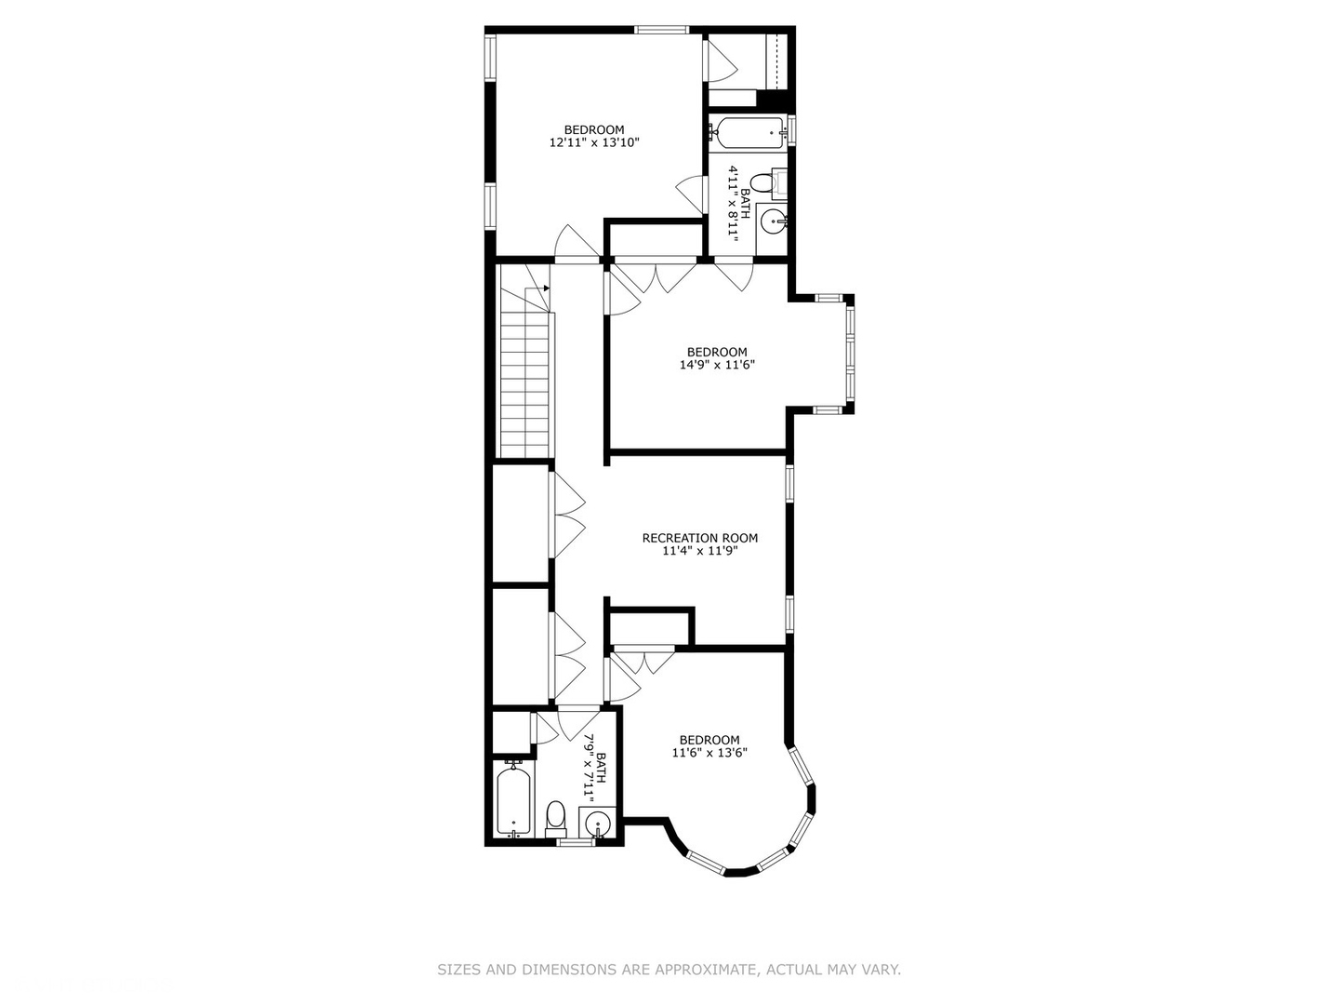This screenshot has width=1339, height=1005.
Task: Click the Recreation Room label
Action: click(699, 538)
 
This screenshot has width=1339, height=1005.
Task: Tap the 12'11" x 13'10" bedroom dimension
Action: click(595, 143)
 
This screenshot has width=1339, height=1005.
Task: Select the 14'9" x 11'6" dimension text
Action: click(716, 366)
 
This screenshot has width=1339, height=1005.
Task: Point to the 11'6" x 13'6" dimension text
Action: click(709, 754)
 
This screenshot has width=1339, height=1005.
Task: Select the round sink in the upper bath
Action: click(773, 221)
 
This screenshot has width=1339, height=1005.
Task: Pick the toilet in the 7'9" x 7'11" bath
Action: click(555, 817)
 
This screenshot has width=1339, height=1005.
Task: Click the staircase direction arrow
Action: click(546, 288)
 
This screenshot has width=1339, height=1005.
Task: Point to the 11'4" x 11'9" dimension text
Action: click(699, 551)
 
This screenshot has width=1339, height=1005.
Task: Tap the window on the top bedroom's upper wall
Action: click(662, 30)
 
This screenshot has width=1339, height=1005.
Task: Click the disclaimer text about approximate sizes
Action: click(669, 970)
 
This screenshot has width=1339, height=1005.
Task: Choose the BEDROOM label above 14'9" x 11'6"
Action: click(716, 352)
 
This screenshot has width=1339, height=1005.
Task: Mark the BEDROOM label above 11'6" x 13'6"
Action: click(709, 740)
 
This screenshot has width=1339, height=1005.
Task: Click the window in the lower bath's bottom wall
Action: click(575, 842)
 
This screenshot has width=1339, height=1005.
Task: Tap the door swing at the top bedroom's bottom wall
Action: click(577, 244)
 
